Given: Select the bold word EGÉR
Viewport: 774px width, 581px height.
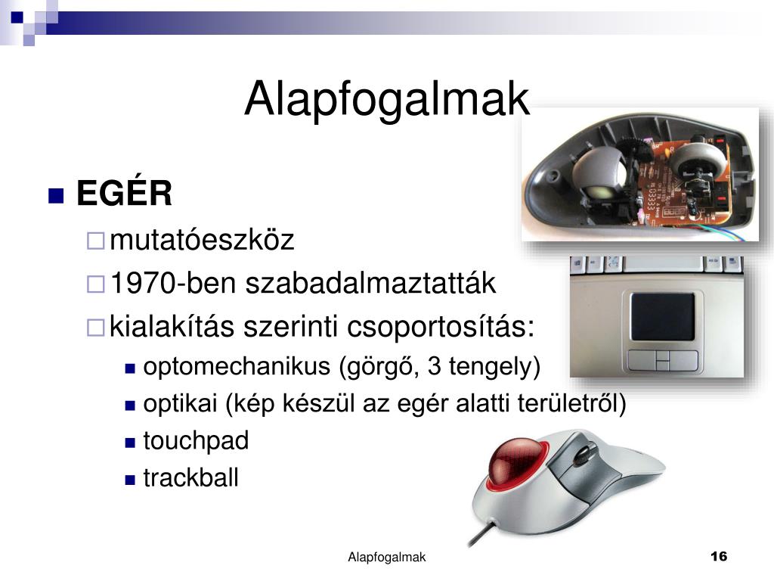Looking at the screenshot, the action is (125, 193).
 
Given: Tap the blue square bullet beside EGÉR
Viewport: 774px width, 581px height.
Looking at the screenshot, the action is (56, 196).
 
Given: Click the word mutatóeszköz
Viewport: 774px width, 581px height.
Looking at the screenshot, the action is (202, 240).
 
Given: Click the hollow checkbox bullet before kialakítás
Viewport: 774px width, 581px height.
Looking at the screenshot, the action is (96, 328).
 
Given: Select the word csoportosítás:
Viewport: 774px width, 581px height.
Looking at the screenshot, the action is (441, 327).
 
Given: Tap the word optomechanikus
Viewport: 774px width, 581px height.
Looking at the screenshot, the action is (237, 367).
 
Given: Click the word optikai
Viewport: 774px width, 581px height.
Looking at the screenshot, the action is (180, 404).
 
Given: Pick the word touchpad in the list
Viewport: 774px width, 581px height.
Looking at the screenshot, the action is (196, 441).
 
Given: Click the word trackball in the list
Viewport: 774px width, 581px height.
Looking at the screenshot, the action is (191, 478).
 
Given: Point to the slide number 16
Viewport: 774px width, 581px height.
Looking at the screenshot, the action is (719, 556).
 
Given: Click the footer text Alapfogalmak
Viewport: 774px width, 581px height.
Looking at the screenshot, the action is (386, 558).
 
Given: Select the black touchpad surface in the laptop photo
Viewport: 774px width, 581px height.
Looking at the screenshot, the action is (662, 317).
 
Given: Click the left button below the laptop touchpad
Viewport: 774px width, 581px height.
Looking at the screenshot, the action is (642, 360).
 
